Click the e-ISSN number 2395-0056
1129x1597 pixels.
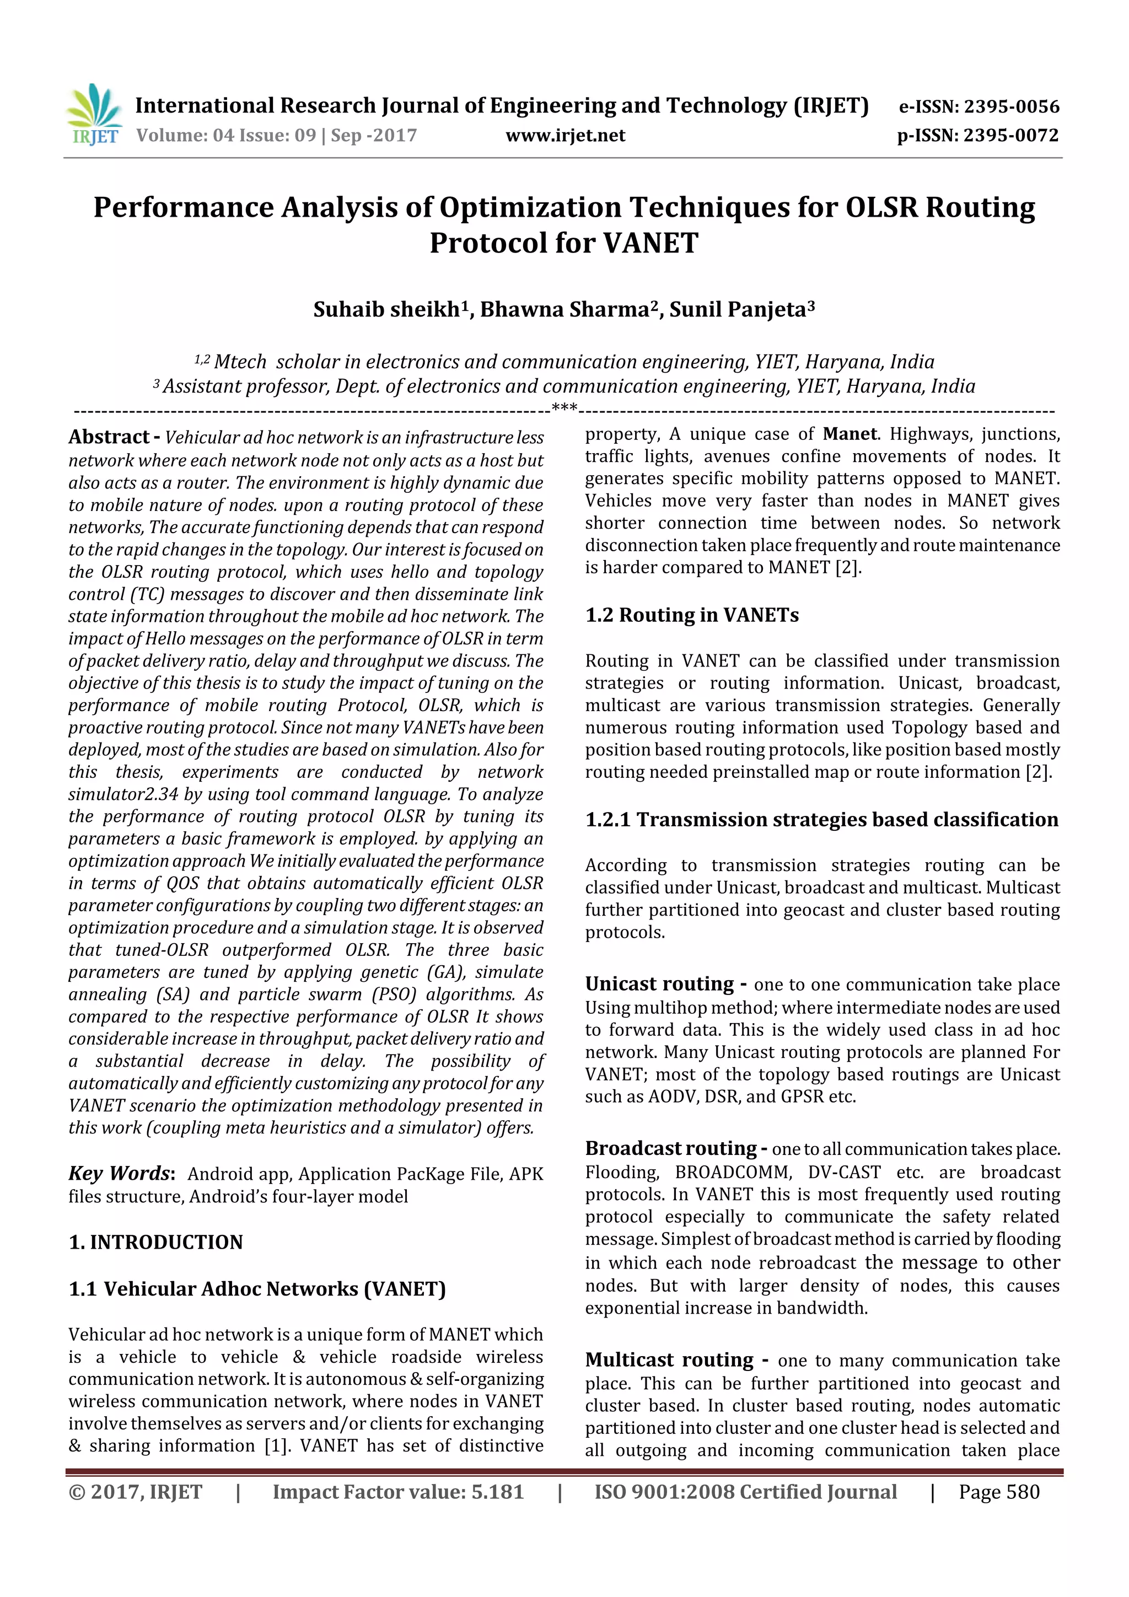point(1010,106)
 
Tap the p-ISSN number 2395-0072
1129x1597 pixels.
point(1010,136)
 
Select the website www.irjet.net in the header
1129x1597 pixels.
point(565,136)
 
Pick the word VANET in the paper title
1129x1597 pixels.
point(650,243)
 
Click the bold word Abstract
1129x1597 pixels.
point(109,437)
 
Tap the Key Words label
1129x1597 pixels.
point(119,1174)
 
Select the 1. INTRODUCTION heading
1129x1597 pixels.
point(156,1243)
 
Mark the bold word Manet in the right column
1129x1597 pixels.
point(850,434)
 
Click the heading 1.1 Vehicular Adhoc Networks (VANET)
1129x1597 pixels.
point(257,1289)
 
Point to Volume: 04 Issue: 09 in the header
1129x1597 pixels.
point(226,136)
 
